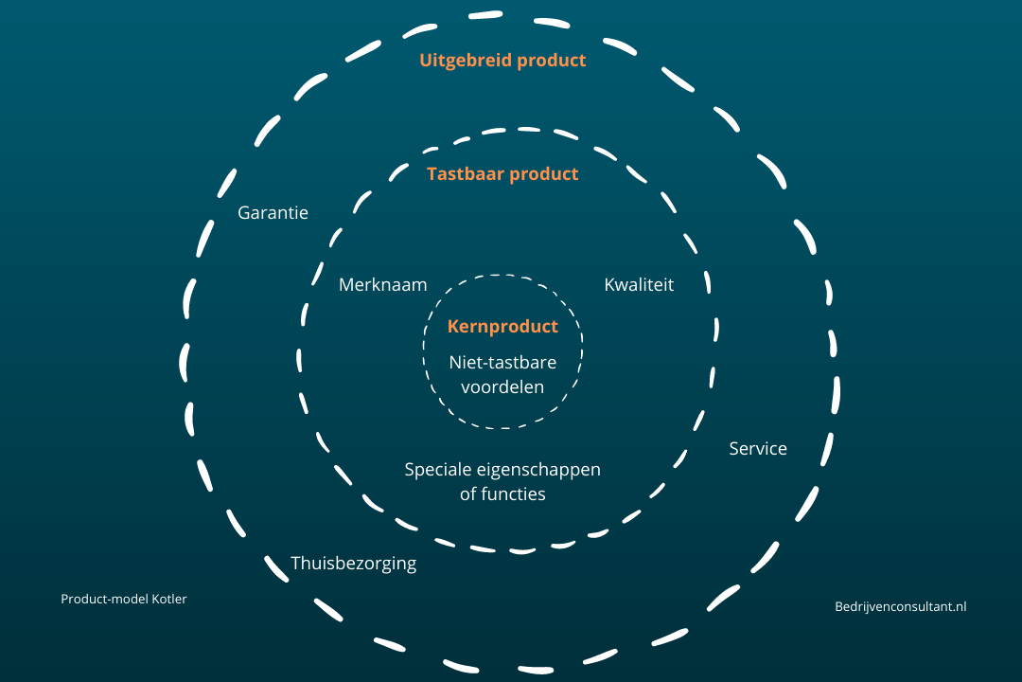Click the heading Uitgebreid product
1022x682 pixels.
click(x=502, y=61)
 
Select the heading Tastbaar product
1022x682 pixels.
click(x=502, y=174)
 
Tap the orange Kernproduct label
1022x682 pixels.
click(x=502, y=327)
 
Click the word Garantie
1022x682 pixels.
click(x=273, y=213)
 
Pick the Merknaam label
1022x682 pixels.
click(x=383, y=284)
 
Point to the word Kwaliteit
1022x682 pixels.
click(x=640, y=284)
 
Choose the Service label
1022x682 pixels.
click(x=758, y=449)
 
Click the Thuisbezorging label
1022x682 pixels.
click(x=354, y=564)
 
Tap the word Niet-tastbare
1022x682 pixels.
click(x=502, y=362)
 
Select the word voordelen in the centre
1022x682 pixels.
click(x=502, y=386)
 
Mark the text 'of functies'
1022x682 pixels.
click(x=502, y=494)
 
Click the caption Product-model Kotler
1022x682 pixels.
click(x=124, y=599)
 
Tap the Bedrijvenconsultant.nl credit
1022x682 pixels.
click(x=901, y=607)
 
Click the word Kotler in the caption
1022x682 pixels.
click(x=167, y=599)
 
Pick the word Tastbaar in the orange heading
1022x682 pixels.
click(x=466, y=174)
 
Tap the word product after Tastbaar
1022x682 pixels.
click(x=543, y=174)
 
